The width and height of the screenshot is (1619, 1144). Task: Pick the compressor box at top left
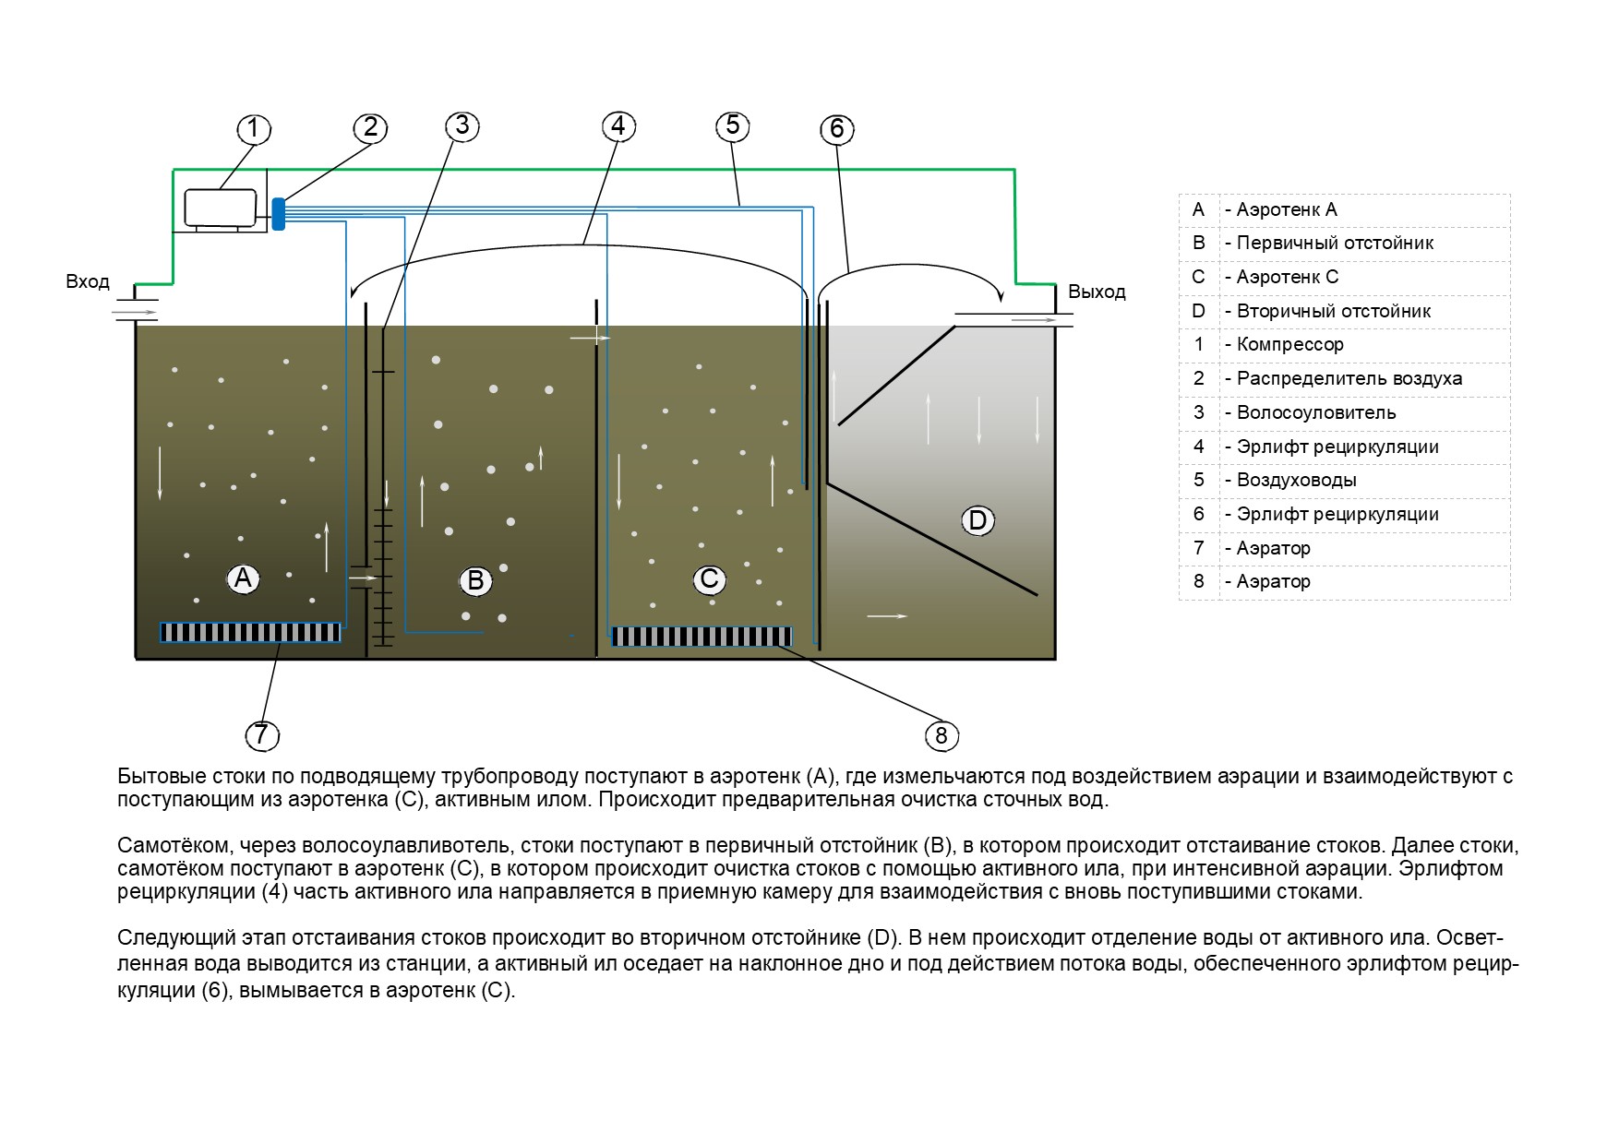point(221,208)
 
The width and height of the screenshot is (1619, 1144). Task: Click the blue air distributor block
point(278,213)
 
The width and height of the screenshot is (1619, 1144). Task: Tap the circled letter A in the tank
point(243,578)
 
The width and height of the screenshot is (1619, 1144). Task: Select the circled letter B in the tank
point(476,580)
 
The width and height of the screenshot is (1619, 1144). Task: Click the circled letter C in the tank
point(710,579)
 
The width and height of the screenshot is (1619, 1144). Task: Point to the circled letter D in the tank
point(977,520)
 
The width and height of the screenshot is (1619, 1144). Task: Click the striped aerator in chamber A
point(250,632)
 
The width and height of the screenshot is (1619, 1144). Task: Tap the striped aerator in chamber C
point(702,637)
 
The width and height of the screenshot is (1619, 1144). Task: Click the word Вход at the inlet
point(88,281)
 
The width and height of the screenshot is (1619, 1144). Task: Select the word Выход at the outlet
point(1097,292)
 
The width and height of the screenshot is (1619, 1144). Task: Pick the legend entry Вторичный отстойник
point(1327,311)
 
